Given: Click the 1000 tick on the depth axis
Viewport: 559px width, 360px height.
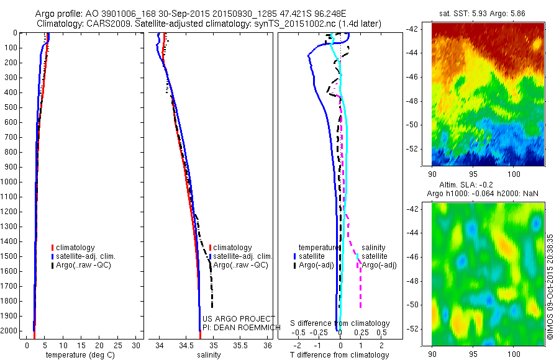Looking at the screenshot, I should pos(10,182).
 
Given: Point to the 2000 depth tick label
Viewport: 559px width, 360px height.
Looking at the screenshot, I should pos(10,331).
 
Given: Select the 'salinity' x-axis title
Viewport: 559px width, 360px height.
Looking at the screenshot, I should pos(207,355).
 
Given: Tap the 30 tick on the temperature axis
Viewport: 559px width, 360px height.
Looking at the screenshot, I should pos(136,344).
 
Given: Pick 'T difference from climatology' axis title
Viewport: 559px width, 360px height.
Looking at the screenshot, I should pos(339,355).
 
